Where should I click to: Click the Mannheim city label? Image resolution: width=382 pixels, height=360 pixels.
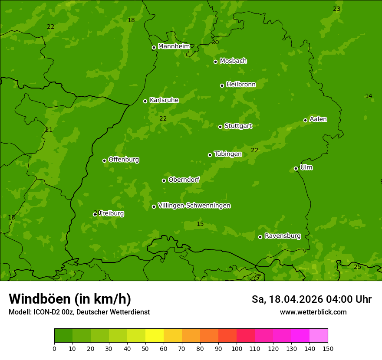point(174,46)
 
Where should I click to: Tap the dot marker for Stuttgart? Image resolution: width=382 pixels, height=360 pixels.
point(220,127)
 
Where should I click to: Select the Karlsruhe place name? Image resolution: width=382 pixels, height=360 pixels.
point(164,100)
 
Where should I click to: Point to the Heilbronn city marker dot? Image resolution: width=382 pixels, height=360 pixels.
point(222,85)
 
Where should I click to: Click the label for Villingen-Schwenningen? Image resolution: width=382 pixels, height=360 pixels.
point(194,206)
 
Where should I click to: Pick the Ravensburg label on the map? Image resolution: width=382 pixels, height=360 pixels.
point(283,236)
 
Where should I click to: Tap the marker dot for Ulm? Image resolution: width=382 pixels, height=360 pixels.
point(296,168)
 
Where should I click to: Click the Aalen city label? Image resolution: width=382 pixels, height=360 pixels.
point(318,119)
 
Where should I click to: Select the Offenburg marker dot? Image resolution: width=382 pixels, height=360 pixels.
point(104,160)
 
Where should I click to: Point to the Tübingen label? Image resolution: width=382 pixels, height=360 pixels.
point(228,154)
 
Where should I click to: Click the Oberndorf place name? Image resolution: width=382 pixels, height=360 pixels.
point(184,180)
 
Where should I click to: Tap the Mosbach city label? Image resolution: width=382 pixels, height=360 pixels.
point(233,61)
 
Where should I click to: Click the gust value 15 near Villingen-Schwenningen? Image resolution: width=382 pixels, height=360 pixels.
point(200,224)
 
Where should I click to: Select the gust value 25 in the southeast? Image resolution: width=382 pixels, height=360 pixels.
point(357,267)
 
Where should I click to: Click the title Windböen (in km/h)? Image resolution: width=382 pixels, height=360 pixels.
point(70,299)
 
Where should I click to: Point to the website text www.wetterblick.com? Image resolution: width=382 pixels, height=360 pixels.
point(313,312)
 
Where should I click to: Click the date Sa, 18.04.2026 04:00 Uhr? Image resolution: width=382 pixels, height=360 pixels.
point(311,299)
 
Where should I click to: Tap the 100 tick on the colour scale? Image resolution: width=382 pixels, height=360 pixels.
point(237,348)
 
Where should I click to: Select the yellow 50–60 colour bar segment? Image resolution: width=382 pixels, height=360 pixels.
point(155,336)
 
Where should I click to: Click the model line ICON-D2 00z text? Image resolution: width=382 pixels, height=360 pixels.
point(79,312)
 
